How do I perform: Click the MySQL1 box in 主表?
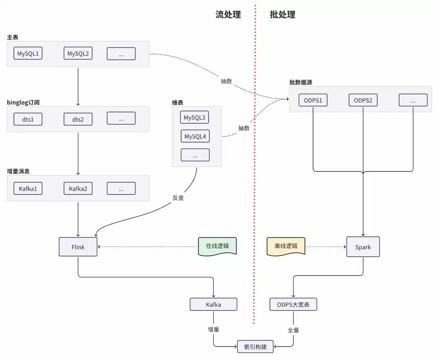(x=28, y=54)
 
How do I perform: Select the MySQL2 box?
(x=78, y=54)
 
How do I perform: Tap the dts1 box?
(x=28, y=119)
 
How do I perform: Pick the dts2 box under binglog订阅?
(x=78, y=119)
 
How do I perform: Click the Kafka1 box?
(x=28, y=188)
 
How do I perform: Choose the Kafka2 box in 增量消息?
(x=78, y=188)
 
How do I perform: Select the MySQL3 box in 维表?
(x=195, y=118)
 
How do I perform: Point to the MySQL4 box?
(x=195, y=136)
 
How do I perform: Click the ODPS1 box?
(x=313, y=100)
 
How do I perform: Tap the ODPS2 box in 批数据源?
(x=363, y=100)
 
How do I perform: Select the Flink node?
(x=78, y=246)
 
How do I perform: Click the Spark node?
(x=363, y=247)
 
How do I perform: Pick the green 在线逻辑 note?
(x=217, y=246)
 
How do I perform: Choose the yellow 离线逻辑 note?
(x=286, y=246)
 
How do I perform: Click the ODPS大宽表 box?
(x=293, y=304)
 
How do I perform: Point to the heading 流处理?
(x=228, y=15)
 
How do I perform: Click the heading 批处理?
(x=283, y=15)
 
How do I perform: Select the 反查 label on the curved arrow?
(x=178, y=198)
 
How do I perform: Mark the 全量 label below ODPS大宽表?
(x=293, y=330)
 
